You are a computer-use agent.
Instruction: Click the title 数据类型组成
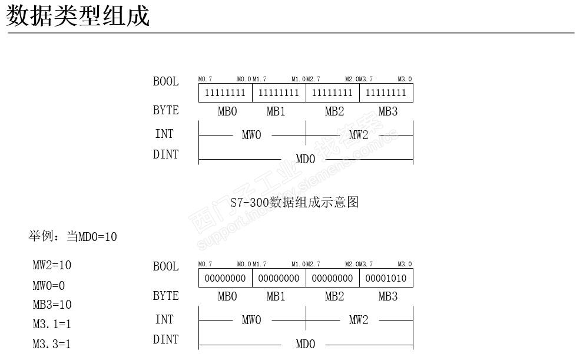[x=78, y=16]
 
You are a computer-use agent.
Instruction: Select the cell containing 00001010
[x=386, y=278]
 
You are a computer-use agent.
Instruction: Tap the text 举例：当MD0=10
[x=72, y=237]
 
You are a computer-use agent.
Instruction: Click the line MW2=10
[x=52, y=265]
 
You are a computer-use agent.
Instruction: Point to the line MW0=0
[x=49, y=286]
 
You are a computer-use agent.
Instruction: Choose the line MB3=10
[x=52, y=305]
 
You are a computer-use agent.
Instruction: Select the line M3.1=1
[x=52, y=324]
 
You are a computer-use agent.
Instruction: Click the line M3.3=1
[x=52, y=344]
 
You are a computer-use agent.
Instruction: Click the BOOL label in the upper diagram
[x=165, y=81]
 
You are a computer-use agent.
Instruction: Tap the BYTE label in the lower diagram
[x=165, y=296]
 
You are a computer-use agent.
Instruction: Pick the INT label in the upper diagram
[x=164, y=134]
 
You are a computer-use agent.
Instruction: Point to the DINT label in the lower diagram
[x=165, y=339]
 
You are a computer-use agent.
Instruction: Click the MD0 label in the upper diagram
[x=305, y=159]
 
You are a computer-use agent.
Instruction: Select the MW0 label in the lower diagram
[x=251, y=320]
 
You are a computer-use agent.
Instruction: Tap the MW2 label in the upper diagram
[x=359, y=135]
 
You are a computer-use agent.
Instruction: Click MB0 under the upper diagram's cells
[x=227, y=111]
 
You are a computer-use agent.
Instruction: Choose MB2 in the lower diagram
[x=334, y=296]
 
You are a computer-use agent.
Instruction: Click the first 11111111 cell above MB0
[x=225, y=93]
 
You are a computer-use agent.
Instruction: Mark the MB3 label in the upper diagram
[x=387, y=111]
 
